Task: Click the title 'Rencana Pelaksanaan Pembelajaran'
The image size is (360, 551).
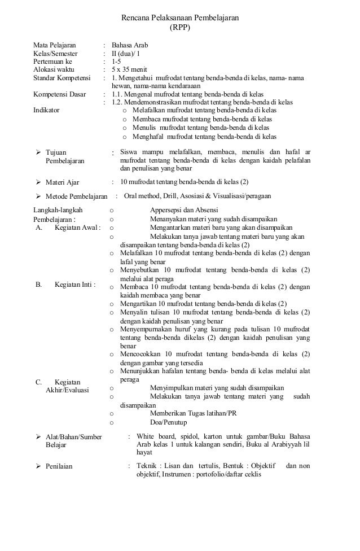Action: (x=180, y=18)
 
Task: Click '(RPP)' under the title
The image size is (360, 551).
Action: (x=180, y=27)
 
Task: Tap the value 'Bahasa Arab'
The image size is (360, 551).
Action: (x=130, y=43)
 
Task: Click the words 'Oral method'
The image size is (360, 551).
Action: (x=142, y=196)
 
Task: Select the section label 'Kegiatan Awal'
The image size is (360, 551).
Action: (x=77, y=228)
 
